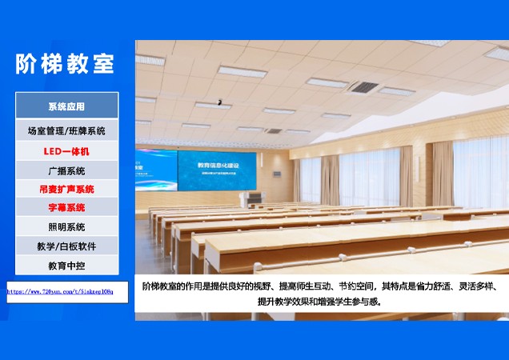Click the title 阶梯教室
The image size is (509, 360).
tap(66, 64)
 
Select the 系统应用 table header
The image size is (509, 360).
tap(66, 106)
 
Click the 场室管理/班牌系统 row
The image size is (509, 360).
tap(66, 130)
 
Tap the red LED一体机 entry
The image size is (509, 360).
tap(66, 150)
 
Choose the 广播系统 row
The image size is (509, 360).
tap(66, 170)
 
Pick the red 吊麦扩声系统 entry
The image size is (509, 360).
tap(66, 190)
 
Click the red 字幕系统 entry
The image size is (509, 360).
tap(66, 208)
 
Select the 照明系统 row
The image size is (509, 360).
tap(66, 227)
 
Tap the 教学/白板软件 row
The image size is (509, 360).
tap(66, 246)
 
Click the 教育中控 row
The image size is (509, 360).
tap(66, 265)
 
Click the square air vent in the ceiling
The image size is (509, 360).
tap(364, 86)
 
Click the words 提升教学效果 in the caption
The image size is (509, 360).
tap(289, 302)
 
